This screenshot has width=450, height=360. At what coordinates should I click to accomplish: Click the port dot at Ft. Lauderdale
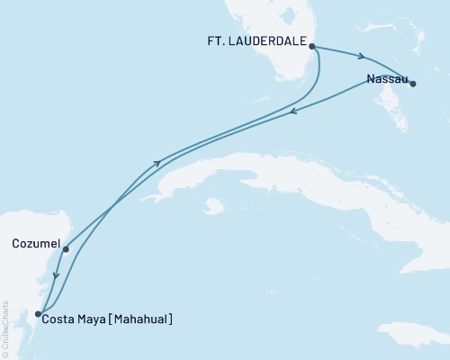[311, 45]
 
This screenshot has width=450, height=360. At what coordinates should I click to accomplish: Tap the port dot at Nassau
[413, 84]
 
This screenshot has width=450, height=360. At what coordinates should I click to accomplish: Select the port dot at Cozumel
[66, 249]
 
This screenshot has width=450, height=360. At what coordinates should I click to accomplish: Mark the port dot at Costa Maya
[38, 314]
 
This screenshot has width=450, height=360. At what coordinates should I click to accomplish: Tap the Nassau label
[384, 78]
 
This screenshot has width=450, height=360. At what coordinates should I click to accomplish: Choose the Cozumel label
[37, 243]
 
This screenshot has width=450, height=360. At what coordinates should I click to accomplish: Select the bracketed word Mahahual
[140, 318]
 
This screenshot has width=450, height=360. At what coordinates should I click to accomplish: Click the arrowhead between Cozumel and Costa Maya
[56, 276]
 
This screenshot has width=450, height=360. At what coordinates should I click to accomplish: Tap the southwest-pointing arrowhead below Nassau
[293, 112]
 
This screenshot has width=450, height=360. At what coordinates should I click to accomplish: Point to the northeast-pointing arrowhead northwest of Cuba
[158, 163]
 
